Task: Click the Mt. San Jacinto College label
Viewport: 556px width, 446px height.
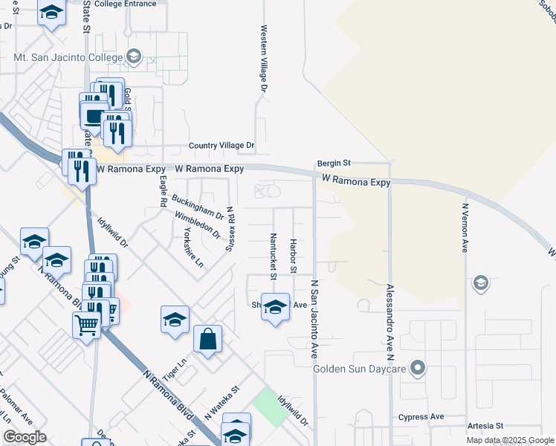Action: point(68,56)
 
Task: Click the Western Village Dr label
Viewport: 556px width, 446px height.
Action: point(263,59)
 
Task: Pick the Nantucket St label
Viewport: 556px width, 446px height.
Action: point(274,256)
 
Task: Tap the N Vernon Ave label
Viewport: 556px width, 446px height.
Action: point(465,227)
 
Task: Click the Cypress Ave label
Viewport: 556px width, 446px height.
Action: point(421,417)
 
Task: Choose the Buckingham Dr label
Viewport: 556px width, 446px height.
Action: point(198,207)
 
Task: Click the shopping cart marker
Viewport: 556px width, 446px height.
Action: point(86,324)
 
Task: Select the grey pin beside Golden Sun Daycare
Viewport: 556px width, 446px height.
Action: point(418,368)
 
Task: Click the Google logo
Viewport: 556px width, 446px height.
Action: point(24,437)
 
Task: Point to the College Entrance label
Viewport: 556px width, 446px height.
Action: point(126,4)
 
